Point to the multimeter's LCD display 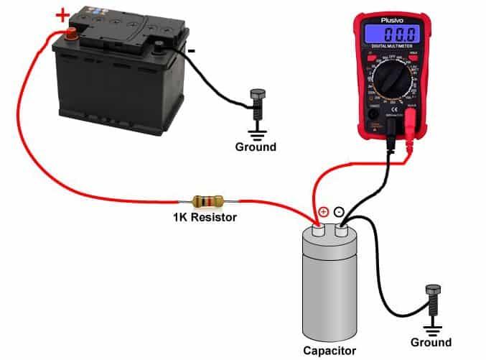391,35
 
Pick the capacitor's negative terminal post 340,229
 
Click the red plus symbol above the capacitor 323,212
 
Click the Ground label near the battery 256,147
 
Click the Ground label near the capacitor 431,342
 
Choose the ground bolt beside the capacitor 431,298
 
